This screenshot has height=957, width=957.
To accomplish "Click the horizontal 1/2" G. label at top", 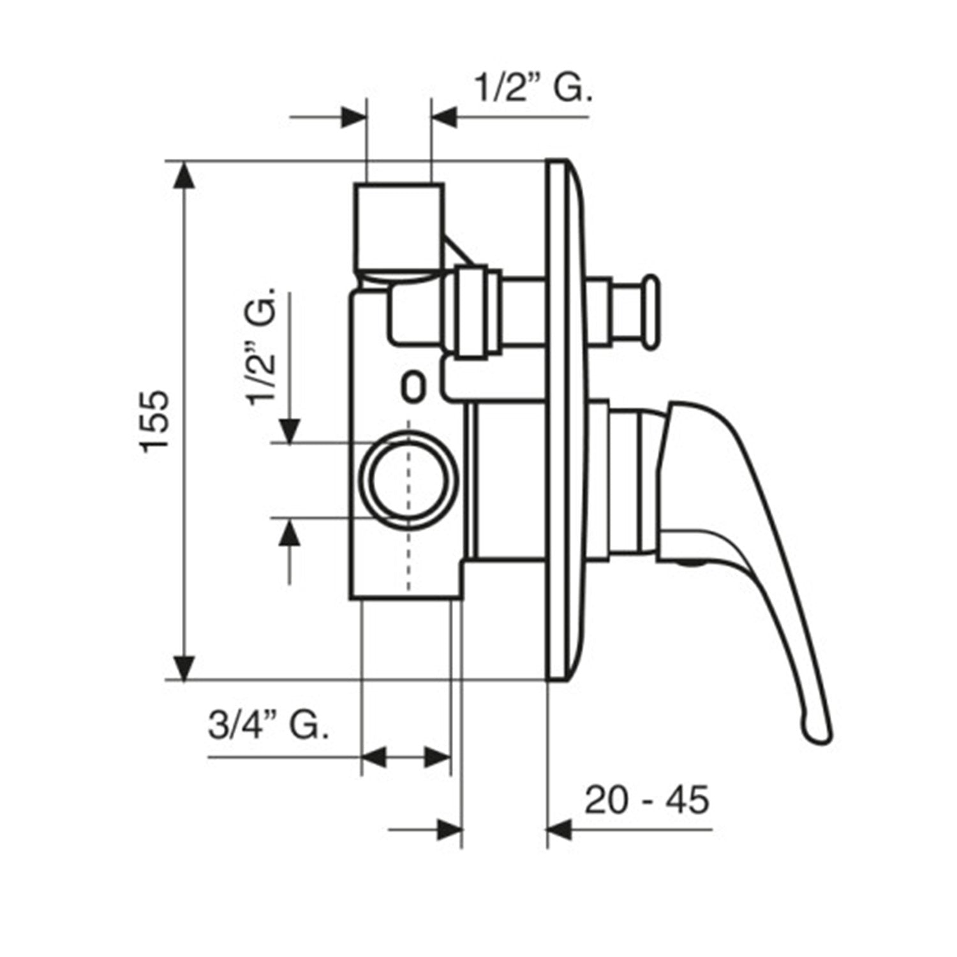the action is [533, 90].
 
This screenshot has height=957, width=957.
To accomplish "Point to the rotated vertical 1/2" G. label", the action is [263, 345].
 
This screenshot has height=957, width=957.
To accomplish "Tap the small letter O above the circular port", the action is [413, 388].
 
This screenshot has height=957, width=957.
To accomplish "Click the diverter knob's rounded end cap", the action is [651, 312].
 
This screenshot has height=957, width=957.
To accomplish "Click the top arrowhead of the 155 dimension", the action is [184, 175].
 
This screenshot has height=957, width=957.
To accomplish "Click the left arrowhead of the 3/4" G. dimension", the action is [375, 759].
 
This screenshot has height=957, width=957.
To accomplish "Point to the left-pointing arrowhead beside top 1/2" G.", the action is [445, 117].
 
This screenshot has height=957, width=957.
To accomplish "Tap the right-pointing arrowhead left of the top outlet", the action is [355, 117].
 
